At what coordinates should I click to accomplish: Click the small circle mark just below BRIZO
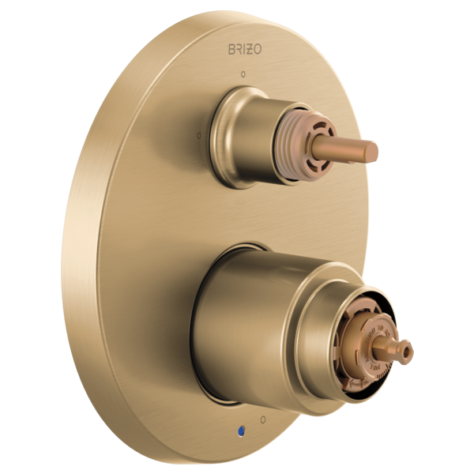click(243, 76)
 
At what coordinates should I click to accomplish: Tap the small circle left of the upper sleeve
click(197, 135)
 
